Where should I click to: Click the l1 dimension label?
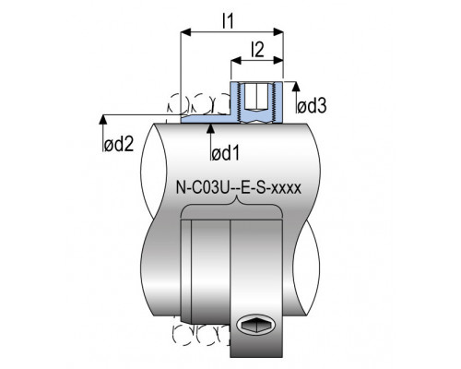coord(228,21)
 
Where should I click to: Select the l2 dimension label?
coord(257,50)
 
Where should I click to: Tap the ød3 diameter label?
coord(312,106)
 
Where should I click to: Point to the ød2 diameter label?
coord(119,144)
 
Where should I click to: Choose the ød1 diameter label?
coord(225,153)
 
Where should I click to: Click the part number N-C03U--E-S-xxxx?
coord(239,188)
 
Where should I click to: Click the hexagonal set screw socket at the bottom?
coord(255,324)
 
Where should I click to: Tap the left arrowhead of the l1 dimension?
coord(186,31)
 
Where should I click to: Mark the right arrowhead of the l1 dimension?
coord(278,31)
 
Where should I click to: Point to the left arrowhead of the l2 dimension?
coord(236,60)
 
